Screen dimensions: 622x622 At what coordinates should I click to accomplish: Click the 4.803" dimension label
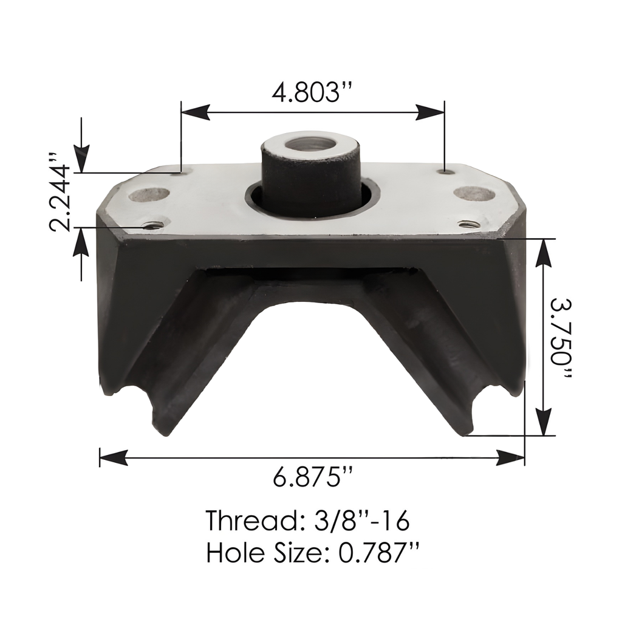tap(313, 92)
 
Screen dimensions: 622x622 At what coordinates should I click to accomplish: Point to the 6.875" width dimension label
tap(313, 477)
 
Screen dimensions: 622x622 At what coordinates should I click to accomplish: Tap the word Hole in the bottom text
tap(230, 553)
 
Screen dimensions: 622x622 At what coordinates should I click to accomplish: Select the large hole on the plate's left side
tap(149, 195)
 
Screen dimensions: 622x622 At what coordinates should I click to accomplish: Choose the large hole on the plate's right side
tap(474, 194)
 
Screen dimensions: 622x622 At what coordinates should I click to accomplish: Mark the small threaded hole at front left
tap(151, 225)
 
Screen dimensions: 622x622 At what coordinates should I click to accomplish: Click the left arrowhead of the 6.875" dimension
tap(113, 457)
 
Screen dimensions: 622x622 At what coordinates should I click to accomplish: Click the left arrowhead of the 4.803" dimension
tap(195, 111)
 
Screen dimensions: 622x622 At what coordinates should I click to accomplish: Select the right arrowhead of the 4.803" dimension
tap(431, 111)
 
